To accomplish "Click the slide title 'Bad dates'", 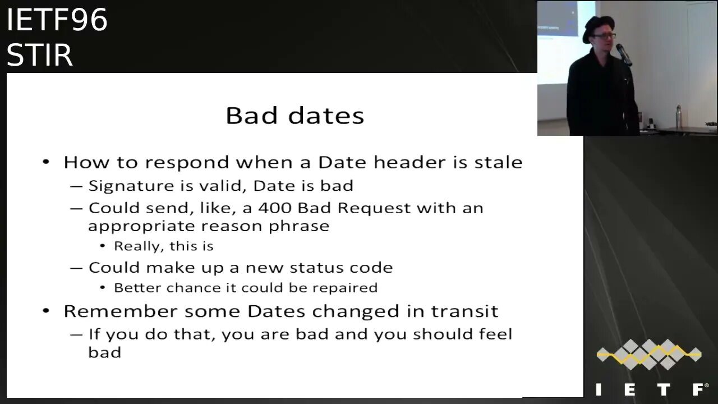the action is point(295,116).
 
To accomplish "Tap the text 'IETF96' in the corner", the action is point(57,20).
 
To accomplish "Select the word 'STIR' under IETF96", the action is point(40,55).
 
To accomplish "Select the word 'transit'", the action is point(465,311).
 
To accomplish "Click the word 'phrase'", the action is point(299,227).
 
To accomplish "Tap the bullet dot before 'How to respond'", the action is point(46,162).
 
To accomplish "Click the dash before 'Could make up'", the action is point(76,268).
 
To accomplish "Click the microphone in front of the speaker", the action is point(623,54).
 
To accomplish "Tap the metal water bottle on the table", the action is point(678,116).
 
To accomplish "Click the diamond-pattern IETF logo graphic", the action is point(650,354).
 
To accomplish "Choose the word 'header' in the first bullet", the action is point(409,162).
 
